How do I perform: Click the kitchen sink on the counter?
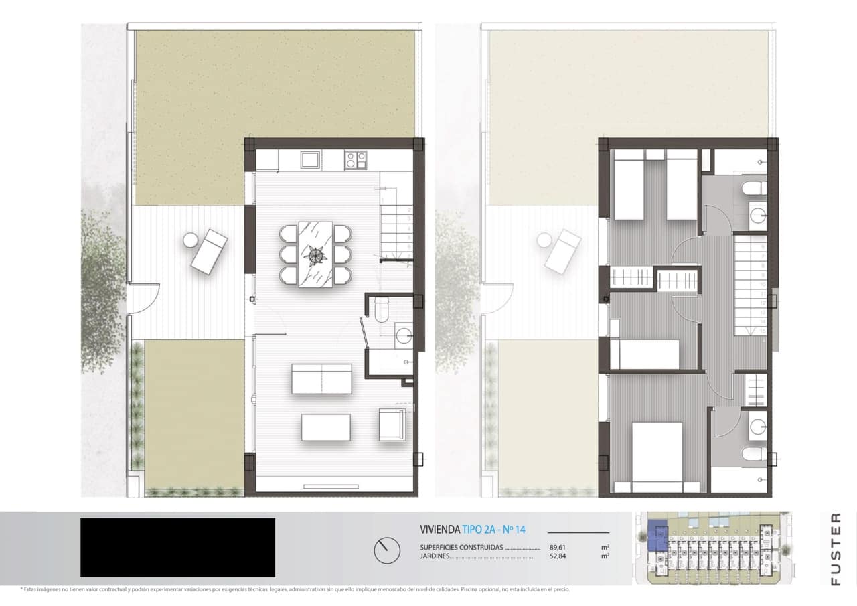[310, 159]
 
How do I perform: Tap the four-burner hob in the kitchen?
[355, 159]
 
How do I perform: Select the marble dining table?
[315, 254]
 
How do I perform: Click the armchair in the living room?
[392, 424]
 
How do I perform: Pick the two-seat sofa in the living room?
[322, 378]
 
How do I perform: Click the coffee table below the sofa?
[326, 427]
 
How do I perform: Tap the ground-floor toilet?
[381, 309]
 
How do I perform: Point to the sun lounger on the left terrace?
[210, 251]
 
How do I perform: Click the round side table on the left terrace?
[190, 240]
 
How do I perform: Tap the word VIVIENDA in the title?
[439, 530]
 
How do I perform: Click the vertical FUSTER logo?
[836, 548]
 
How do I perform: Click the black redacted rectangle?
[177, 547]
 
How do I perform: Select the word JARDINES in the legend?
[435, 556]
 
